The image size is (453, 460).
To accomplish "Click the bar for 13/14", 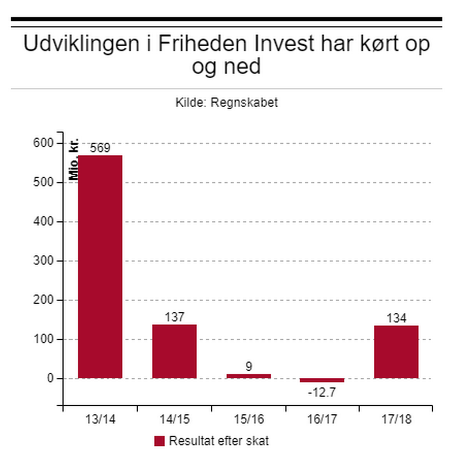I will coord(100,267).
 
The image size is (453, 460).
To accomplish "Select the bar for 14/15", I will coord(174,351).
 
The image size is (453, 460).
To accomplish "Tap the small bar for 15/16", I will coord(248,376).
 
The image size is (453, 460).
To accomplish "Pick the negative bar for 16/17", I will coord(322,380).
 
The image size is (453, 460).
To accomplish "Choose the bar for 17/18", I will coord(396,351).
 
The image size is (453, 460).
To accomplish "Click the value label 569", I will coord(100,148).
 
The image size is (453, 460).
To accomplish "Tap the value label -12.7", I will coord(322,392).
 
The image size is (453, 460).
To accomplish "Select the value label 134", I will coord(396,318).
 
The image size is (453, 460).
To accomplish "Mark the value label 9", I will coord(248,367).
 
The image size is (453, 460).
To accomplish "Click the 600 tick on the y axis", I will coord(45,143).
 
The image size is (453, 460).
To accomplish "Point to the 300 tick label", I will coord(45,261).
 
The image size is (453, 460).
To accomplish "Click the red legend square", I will coord(159,441).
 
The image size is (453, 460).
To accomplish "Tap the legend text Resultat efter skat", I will coord(219,441).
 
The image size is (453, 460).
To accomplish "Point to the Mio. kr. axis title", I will coord(74,159).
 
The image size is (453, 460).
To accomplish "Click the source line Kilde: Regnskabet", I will coord(226,102).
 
